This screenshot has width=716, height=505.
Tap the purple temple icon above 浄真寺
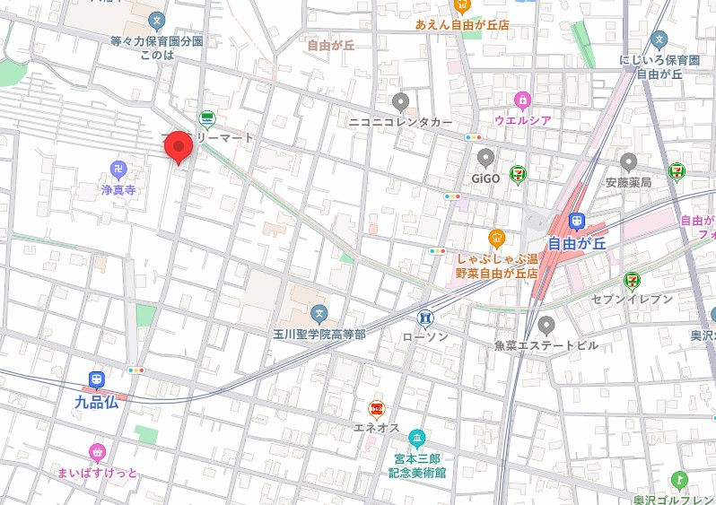(118, 169)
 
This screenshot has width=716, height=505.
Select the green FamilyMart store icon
(207, 118)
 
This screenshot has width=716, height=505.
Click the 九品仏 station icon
(96, 380)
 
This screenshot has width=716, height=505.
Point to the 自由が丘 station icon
(577, 221)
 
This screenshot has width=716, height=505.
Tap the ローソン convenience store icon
(424, 317)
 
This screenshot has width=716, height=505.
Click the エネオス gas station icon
(378, 409)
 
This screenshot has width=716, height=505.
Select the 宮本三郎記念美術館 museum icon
(417, 438)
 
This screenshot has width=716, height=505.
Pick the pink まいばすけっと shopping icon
(98, 451)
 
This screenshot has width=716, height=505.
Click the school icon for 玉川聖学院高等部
(319, 313)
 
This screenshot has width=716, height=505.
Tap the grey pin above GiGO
(485, 159)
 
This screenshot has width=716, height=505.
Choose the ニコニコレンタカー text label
(401, 120)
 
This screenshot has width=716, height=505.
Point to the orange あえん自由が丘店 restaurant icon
(462, 6)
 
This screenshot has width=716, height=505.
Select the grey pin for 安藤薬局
(628, 162)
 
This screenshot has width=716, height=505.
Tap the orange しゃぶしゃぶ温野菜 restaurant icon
(496, 238)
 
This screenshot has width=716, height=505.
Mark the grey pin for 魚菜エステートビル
(546, 324)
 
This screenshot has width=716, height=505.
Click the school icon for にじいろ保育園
(659, 39)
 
